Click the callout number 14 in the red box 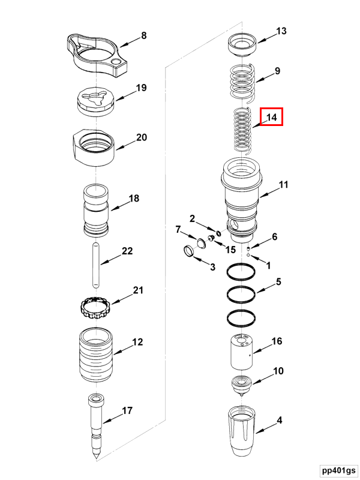[x=271, y=118]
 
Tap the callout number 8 [x=143, y=36]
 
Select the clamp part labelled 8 [x=96, y=55]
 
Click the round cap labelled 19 [x=95, y=101]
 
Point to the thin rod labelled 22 [x=96, y=265]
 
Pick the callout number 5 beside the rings [x=278, y=281]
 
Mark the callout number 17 [x=127, y=411]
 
